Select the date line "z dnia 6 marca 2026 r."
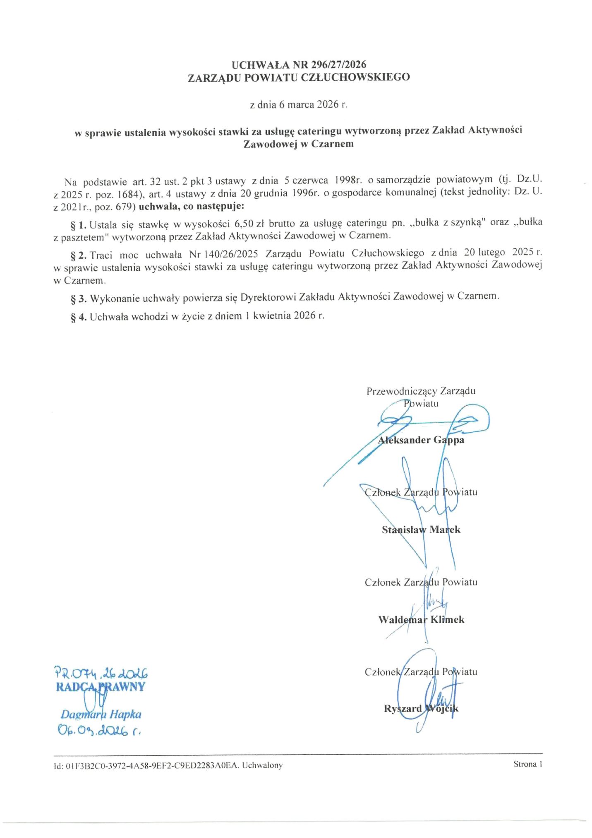click(x=299, y=104)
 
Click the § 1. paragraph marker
click(x=78, y=225)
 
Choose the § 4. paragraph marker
click(x=78, y=317)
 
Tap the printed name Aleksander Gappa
click(x=421, y=440)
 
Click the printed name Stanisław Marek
click(x=421, y=530)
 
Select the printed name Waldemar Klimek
click(x=421, y=619)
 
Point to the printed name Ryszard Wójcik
click(x=421, y=708)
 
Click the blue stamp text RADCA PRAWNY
click(x=101, y=687)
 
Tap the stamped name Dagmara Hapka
click(x=101, y=714)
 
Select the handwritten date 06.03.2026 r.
click(x=99, y=731)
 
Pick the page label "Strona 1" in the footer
click(x=527, y=764)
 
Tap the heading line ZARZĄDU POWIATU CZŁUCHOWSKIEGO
click(x=299, y=77)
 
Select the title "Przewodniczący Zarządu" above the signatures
click(x=421, y=391)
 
